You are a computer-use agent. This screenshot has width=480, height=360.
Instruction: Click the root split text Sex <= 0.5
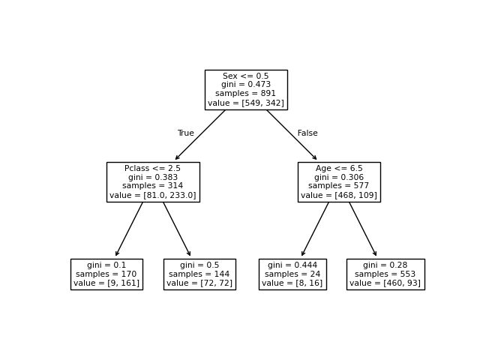point(246,76)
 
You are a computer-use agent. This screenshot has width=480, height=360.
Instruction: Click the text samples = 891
point(246,94)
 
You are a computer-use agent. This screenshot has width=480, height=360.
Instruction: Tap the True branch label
point(185,133)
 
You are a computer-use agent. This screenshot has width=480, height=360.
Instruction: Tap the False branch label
point(307,133)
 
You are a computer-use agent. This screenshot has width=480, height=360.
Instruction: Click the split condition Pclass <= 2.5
point(153,168)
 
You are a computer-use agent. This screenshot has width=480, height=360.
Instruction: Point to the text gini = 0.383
point(153,177)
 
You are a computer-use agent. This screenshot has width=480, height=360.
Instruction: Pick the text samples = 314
point(153,186)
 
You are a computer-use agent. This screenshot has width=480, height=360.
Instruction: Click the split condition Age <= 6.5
point(339,168)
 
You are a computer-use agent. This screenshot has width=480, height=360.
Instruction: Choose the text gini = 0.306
point(339,177)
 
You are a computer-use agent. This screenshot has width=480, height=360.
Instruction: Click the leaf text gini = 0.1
point(106,265)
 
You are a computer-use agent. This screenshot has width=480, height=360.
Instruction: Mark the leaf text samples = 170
point(106,274)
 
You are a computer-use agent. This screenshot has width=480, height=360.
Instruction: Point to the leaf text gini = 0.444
point(292,265)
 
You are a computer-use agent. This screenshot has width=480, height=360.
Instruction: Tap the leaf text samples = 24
point(292,274)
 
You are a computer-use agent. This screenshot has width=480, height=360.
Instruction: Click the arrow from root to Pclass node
point(200,135)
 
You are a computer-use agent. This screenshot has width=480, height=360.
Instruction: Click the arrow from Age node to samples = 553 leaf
point(363,229)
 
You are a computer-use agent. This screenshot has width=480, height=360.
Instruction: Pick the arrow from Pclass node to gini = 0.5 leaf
point(177,229)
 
